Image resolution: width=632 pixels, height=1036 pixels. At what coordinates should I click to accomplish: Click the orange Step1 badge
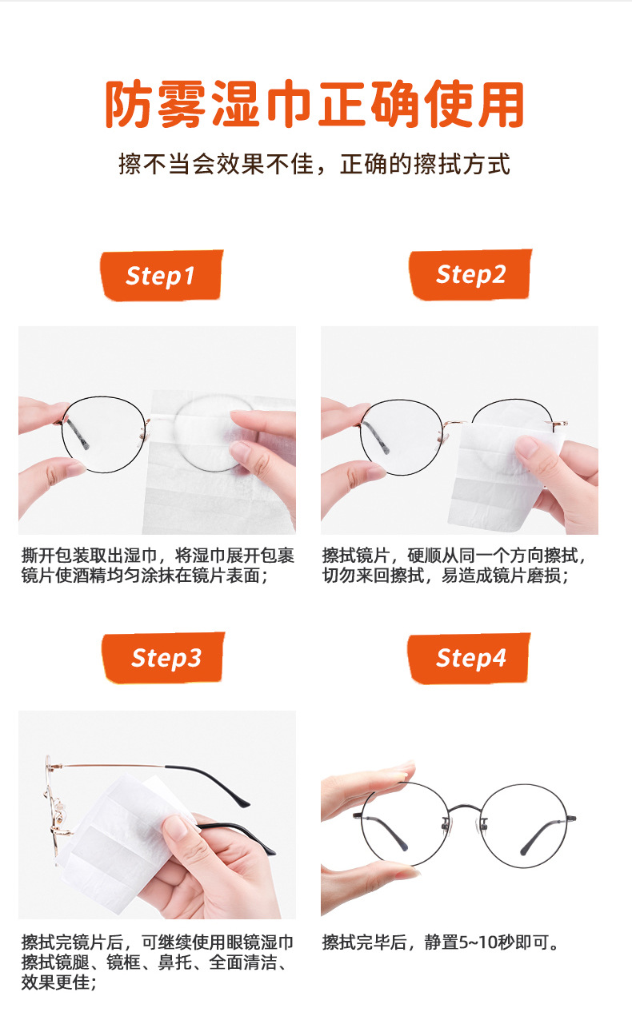pos(160,276)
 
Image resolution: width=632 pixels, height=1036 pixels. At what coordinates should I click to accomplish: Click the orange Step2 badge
pos(470,275)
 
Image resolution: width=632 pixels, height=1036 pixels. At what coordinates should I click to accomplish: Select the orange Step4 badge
pos(470,658)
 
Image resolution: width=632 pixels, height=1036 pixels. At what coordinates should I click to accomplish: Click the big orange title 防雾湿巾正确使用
pos(315,105)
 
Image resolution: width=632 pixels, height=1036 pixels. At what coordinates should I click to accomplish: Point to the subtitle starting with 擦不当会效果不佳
pos(314,165)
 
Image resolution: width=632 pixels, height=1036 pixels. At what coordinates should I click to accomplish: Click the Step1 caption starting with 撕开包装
pos(158,565)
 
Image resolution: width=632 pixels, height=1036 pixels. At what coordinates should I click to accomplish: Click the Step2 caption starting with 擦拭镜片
pos(458,565)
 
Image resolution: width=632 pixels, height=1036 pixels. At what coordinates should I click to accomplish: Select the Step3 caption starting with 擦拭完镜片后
pos(158,962)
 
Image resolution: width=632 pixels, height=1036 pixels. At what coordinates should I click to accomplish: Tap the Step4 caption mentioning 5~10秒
pos(441,942)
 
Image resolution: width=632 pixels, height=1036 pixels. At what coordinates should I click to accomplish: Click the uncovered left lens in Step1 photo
pos(104,436)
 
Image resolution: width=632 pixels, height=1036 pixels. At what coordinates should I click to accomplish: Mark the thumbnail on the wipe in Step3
pos(182,827)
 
